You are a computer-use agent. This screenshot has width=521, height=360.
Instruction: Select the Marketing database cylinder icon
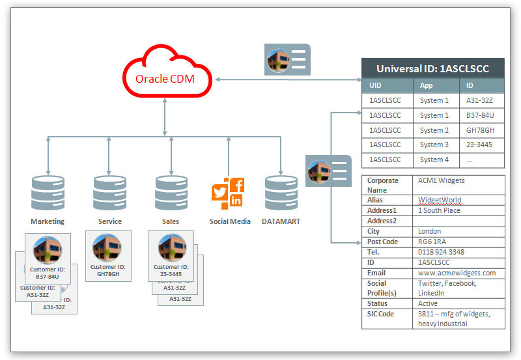tap(48, 191)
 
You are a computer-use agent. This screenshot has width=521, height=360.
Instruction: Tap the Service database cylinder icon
tap(109, 191)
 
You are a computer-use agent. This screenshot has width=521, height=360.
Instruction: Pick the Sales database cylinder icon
tap(171, 191)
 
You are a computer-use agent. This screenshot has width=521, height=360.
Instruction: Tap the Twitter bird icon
tap(219, 193)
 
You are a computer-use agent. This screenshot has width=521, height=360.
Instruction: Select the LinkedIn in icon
tap(236, 201)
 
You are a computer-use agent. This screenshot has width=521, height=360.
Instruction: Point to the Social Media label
tap(230, 221)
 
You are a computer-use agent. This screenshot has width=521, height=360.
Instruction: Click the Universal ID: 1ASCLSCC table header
tap(432, 68)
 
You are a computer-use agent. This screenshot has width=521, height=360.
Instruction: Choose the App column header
tap(427, 85)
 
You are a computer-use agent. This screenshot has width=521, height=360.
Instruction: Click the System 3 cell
tap(434, 145)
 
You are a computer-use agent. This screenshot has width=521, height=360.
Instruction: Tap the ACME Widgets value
tap(442, 180)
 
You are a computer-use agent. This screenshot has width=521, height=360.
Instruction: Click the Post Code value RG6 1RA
tap(433, 242)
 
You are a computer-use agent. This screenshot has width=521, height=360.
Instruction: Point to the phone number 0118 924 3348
tap(441, 252)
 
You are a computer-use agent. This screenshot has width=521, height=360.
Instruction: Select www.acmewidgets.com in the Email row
tap(457, 273)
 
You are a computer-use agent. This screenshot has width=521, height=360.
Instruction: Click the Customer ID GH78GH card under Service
tap(108, 256)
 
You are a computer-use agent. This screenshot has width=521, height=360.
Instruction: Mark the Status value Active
tap(429, 303)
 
